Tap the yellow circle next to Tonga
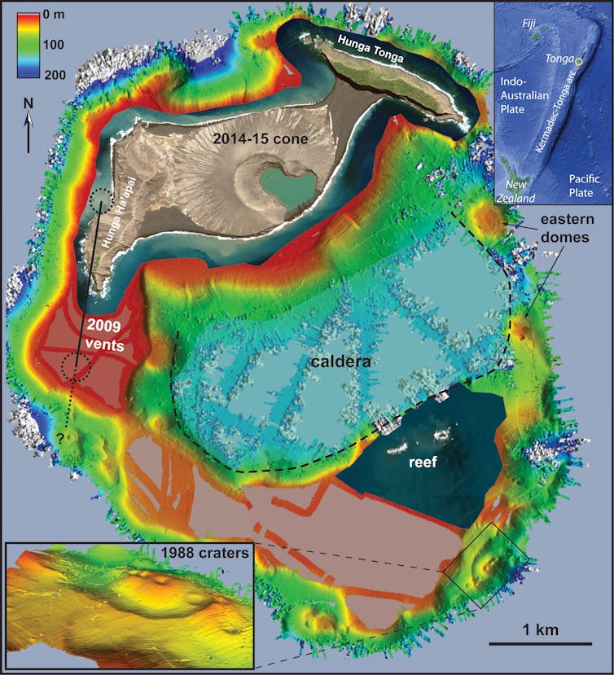pos(579,61)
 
